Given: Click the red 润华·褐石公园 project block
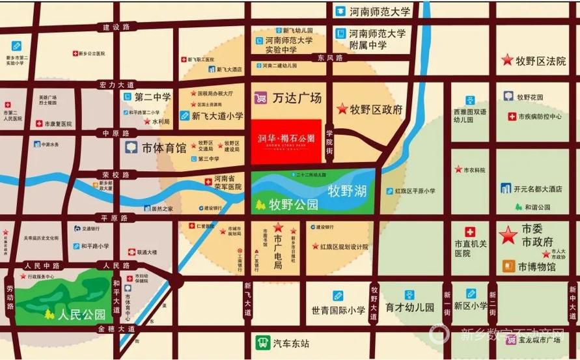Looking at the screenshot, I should click(287, 141).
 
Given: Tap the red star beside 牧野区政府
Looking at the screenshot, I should click(341, 109).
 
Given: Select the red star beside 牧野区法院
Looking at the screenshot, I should click(506, 61).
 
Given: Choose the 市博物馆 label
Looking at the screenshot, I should click(537, 266).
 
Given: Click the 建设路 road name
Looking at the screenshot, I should click(116, 27).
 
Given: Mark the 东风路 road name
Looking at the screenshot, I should click(330, 58).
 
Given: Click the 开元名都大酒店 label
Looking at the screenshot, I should click(538, 189).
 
